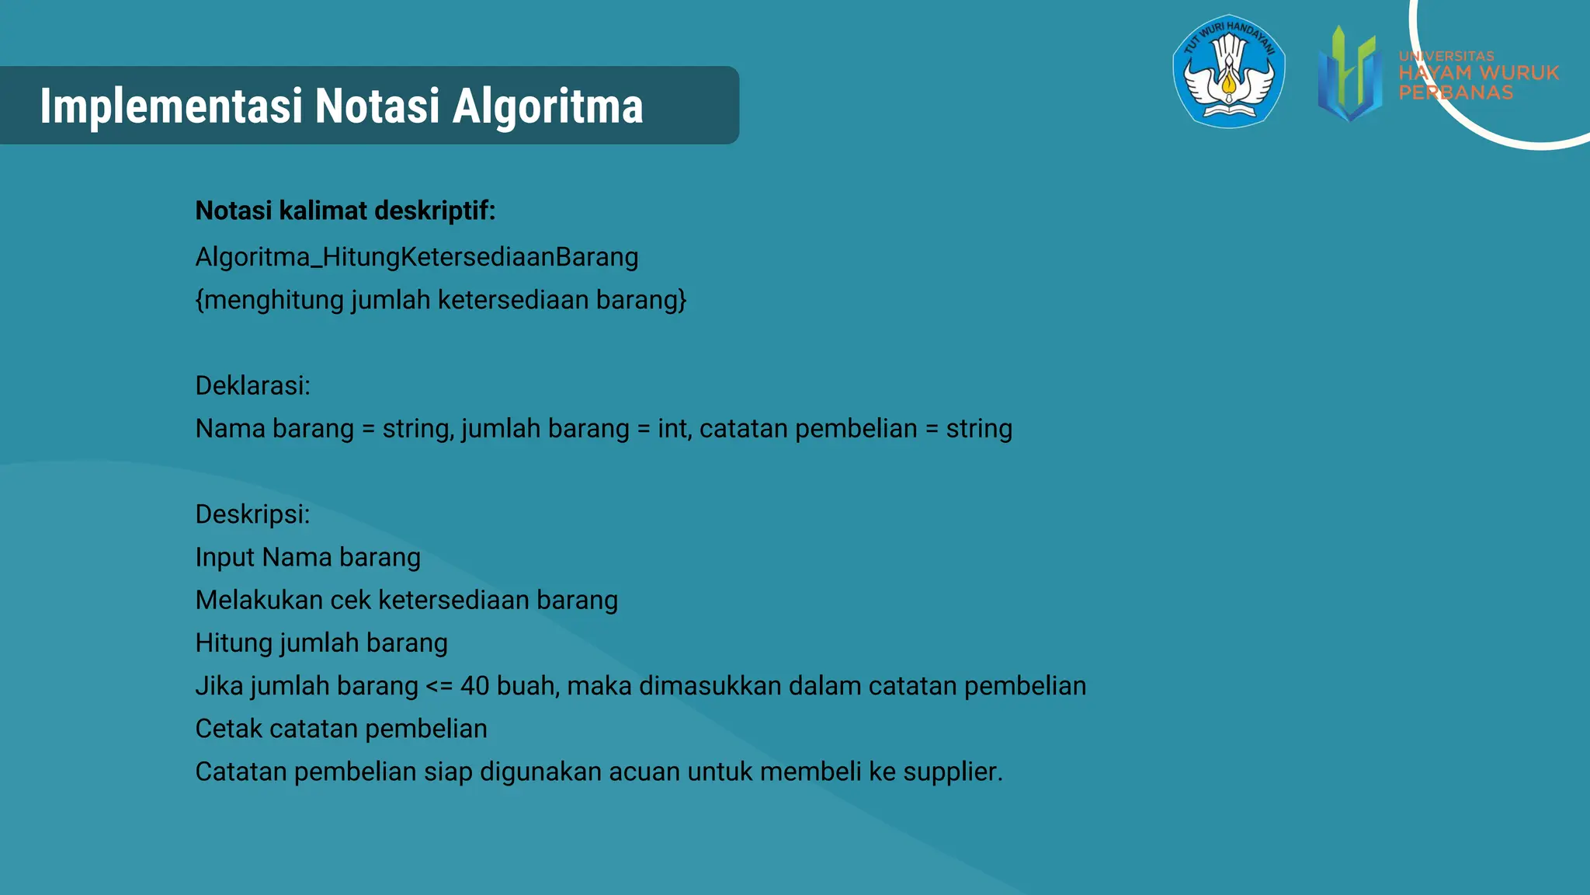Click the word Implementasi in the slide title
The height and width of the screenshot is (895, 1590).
pyautogui.click(x=171, y=106)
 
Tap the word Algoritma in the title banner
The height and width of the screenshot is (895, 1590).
pyautogui.click(x=547, y=106)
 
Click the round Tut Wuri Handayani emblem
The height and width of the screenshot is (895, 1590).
pyautogui.click(x=1229, y=71)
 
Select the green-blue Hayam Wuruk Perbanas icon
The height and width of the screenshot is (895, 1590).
pyautogui.click(x=1350, y=74)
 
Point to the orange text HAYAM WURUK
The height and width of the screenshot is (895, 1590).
pyautogui.click(x=1478, y=73)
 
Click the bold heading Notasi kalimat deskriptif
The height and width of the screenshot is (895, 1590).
pyautogui.click(x=345, y=211)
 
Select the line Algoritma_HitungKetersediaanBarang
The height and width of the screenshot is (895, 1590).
pyautogui.click(x=416, y=257)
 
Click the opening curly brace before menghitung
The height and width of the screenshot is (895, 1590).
pyautogui.click(x=200, y=300)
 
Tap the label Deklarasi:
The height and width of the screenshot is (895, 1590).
pyautogui.click(x=252, y=385)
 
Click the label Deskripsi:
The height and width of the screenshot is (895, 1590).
pyautogui.click(x=252, y=514)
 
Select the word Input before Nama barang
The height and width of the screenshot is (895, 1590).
pyautogui.click(x=224, y=558)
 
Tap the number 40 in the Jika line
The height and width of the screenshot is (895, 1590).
pyautogui.click(x=474, y=686)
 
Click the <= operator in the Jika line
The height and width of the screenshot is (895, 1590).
pyautogui.click(x=439, y=686)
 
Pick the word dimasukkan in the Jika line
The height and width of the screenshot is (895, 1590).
pyautogui.click(x=710, y=686)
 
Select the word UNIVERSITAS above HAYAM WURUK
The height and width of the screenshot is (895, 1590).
pyautogui.click(x=1446, y=56)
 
